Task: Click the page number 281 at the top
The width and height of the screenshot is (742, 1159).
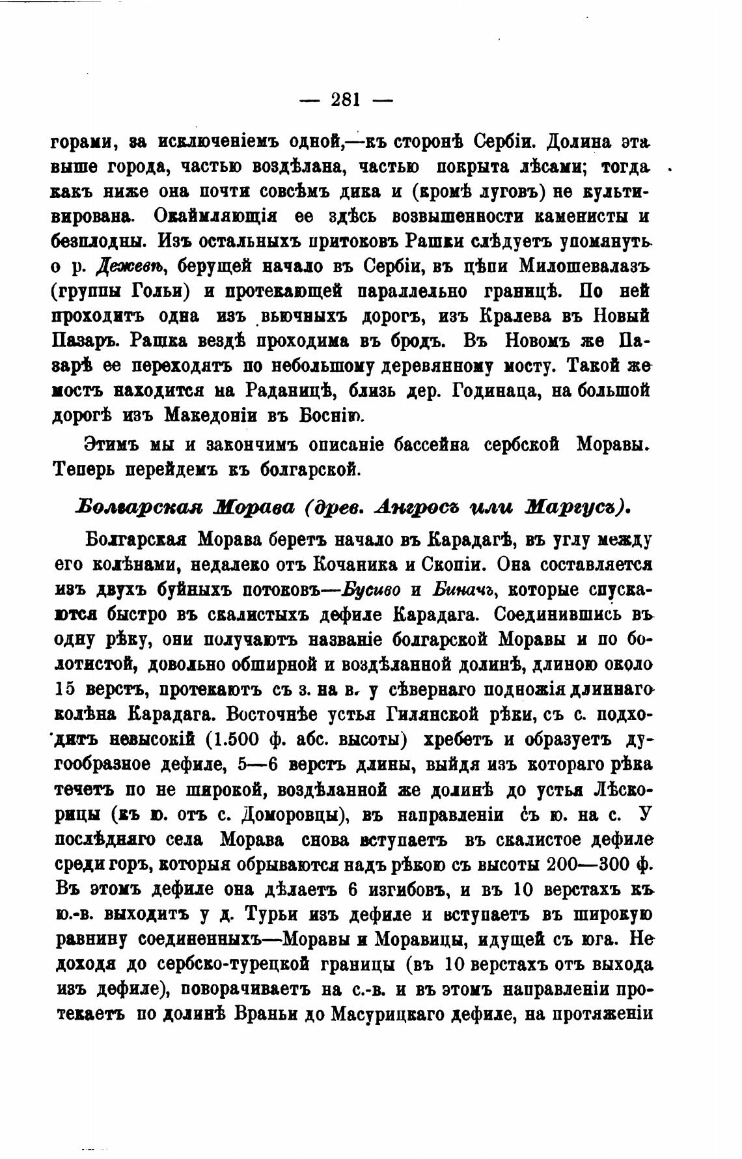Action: (x=346, y=100)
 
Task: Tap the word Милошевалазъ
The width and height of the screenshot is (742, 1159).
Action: (x=585, y=266)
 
